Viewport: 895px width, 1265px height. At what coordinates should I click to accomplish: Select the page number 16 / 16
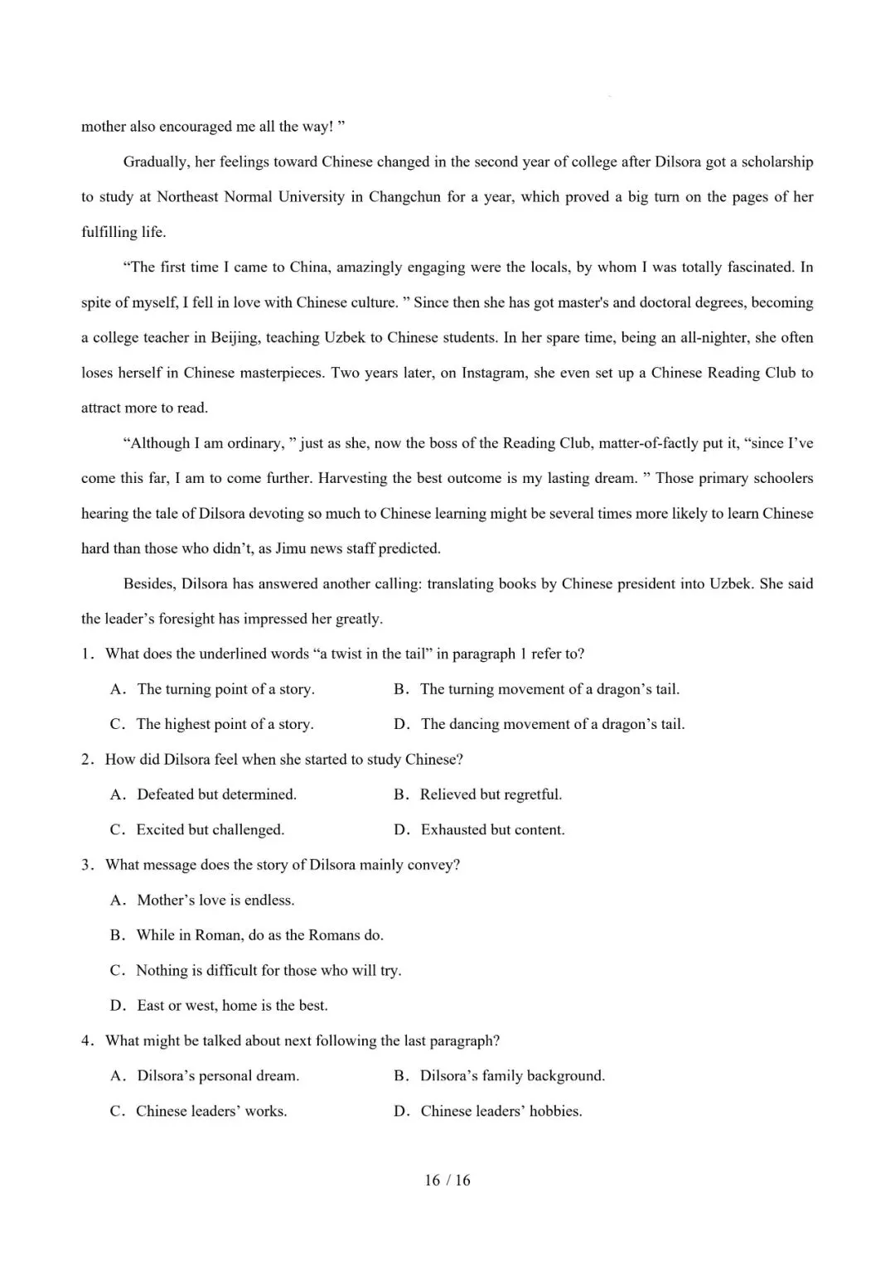tap(447, 1181)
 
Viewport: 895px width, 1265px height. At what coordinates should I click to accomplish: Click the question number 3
tap(86, 865)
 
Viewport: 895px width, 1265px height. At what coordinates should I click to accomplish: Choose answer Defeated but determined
tap(216, 794)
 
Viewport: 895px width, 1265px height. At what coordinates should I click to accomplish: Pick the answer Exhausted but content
tap(492, 830)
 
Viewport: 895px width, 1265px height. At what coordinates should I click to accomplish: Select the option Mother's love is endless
tap(215, 900)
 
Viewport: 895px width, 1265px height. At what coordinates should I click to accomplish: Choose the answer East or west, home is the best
tap(232, 1006)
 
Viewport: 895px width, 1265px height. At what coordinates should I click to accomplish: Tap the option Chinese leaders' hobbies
tap(501, 1111)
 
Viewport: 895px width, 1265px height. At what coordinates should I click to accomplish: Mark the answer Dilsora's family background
tap(512, 1076)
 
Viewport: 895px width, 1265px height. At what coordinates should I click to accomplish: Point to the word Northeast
tap(188, 197)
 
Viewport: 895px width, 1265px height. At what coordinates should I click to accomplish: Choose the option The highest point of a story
tap(225, 724)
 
